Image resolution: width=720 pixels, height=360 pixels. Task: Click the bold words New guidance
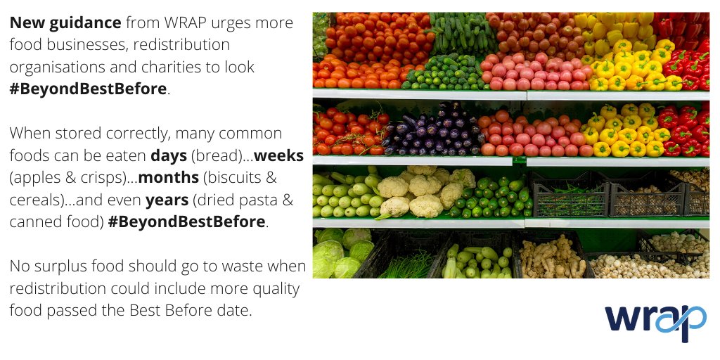[65, 23]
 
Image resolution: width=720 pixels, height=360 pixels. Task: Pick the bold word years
[167, 200]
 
